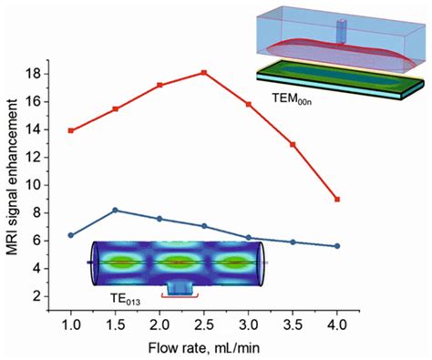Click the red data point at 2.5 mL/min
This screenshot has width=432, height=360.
[205, 72]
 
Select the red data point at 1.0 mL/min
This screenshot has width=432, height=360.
[71, 130]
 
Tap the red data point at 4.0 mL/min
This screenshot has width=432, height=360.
[338, 199]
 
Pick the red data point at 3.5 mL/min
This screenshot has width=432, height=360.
[293, 144]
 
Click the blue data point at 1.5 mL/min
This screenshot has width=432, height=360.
[116, 210]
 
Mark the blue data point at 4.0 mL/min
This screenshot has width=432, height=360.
[338, 246]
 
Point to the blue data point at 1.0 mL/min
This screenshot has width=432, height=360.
[71, 235]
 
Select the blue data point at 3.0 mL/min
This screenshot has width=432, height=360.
[249, 237]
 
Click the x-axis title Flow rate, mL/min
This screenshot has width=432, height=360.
[204, 347]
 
